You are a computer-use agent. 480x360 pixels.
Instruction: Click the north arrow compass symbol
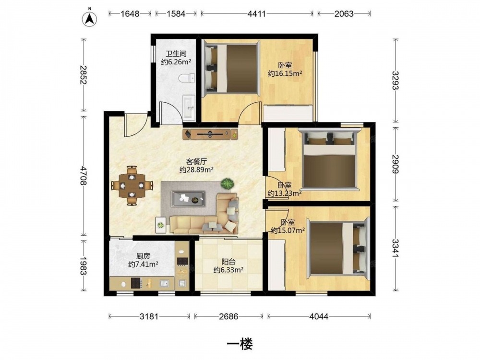[x=90, y=18]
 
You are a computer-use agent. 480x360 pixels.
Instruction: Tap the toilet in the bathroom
[x=187, y=78]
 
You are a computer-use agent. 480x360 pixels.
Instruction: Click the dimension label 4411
[x=256, y=14]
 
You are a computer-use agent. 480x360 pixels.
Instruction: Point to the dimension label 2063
[x=344, y=14]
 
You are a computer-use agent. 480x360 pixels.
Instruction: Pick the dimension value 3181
[x=149, y=316]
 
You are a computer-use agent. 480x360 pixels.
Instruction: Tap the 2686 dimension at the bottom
[x=228, y=316]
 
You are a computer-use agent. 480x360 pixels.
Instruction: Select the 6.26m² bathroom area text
[x=176, y=62]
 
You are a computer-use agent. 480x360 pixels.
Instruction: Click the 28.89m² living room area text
[x=196, y=169]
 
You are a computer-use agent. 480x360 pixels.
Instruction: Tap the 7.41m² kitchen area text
[x=143, y=264]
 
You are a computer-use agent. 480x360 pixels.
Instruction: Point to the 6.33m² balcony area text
[x=228, y=270]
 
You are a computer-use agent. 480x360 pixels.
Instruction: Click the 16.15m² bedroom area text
[x=285, y=73]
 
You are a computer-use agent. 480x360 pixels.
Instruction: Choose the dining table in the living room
[x=132, y=185]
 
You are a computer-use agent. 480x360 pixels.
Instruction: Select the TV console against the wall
[x=210, y=134]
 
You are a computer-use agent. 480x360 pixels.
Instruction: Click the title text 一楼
[x=240, y=345]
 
